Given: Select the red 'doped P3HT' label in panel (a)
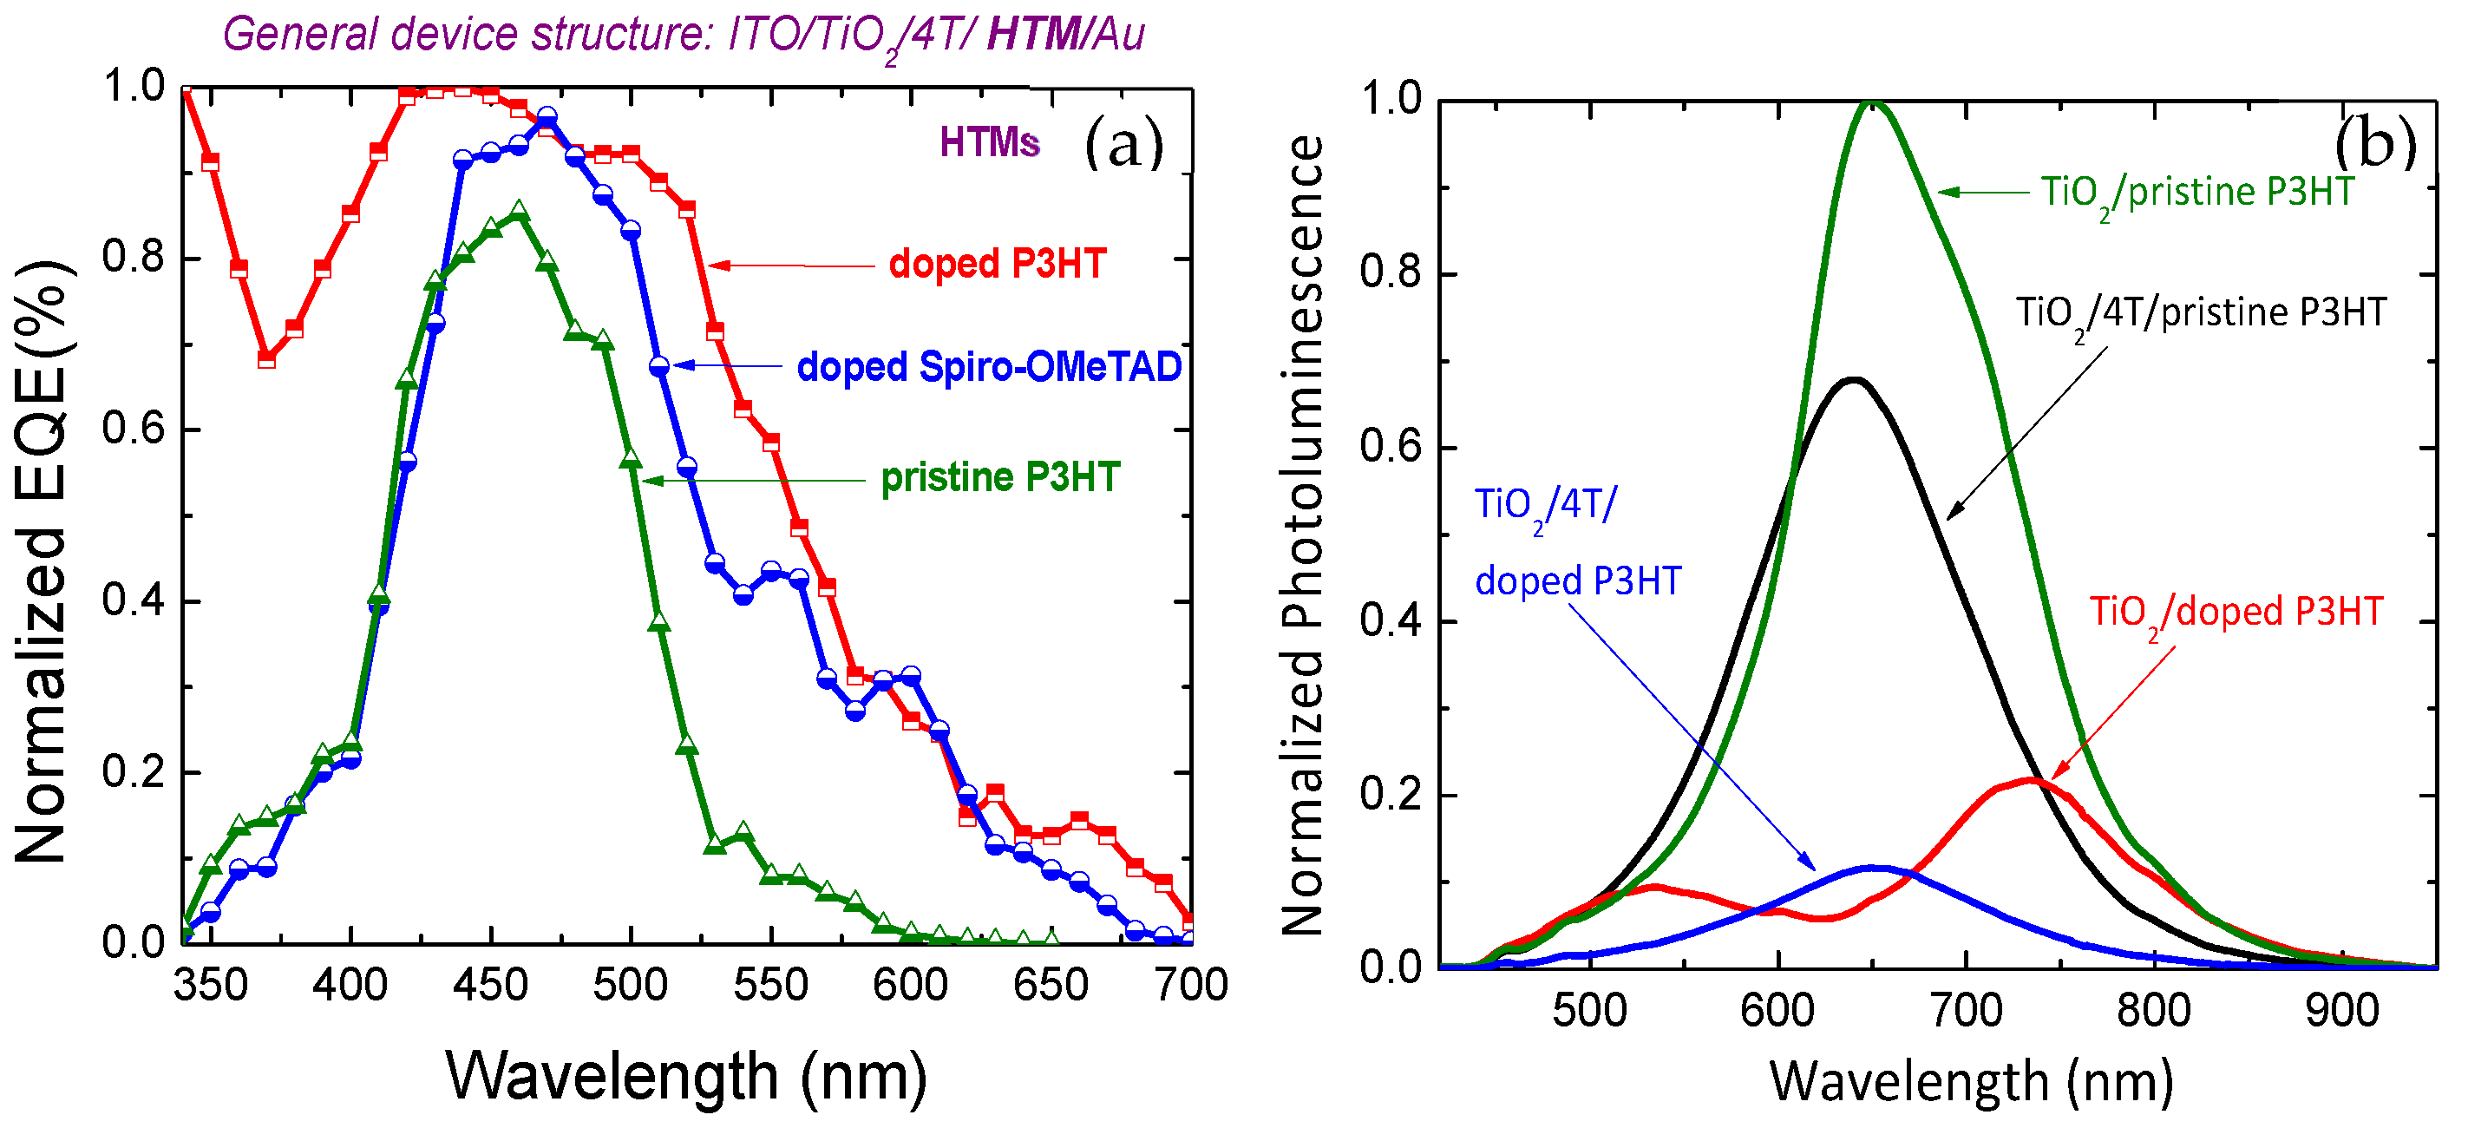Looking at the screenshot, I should pyautogui.click(x=998, y=264).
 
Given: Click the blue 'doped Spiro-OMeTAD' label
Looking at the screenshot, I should pyautogui.click(x=989, y=367).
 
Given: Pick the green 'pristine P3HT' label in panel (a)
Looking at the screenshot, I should pyautogui.click(x=999, y=477).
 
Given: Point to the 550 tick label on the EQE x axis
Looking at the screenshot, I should pyautogui.click(x=770, y=985).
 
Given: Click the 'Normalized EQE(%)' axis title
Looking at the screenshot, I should pyautogui.click(x=40, y=561).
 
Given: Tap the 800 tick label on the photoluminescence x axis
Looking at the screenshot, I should pyautogui.click(x=2153, y=1011).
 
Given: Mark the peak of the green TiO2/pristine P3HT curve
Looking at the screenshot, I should pyautogui.click(x=1872, y=103).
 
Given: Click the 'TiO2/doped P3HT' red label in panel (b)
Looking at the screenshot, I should pyautogui.click(x=2236, y=613).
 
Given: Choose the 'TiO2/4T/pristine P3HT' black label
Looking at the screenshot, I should pyautogui.click(x=2200, y=313).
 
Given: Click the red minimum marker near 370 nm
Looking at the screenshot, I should pyautogui.click(x=267, y=359).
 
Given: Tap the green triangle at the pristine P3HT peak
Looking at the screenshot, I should pyautogui.click(x=520, y=211).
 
